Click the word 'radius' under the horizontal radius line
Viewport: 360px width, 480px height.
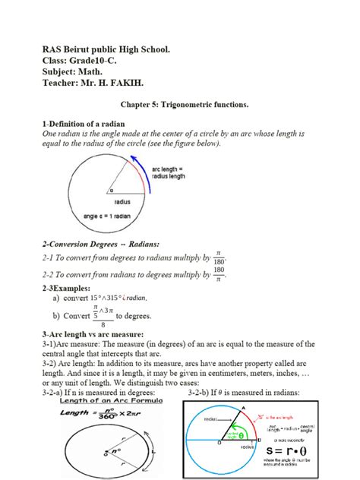click(x=122, y=201)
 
